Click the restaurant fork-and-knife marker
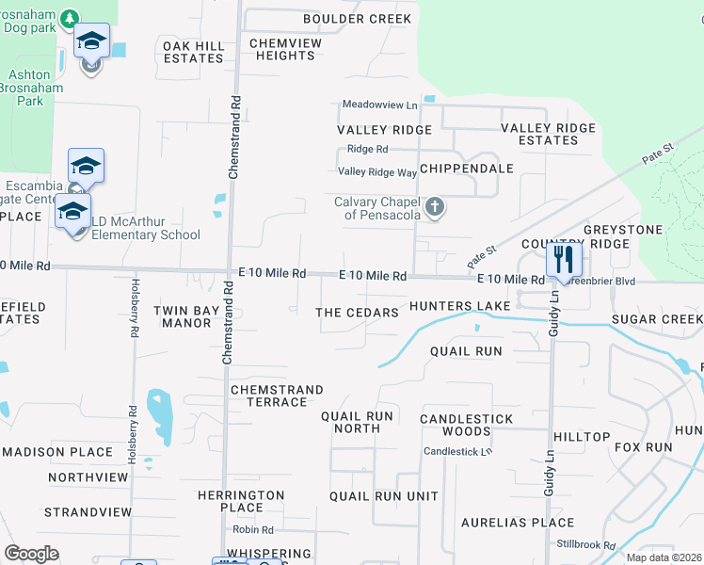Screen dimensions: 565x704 tap(564, 259)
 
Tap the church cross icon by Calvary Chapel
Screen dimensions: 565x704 tap(434, 207)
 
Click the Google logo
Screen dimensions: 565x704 tap(32, 554)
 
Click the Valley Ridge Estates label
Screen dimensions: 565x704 tap(548, 134)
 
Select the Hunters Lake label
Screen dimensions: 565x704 tap(459, 306)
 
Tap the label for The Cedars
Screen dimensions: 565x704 tap(357, 313)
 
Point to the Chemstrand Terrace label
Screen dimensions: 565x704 tap(277, 395)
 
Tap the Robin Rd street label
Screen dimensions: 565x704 tap(254, 530)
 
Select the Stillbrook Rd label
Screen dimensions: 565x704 tap(584, 545)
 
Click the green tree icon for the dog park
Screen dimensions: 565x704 tap(70, 19)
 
